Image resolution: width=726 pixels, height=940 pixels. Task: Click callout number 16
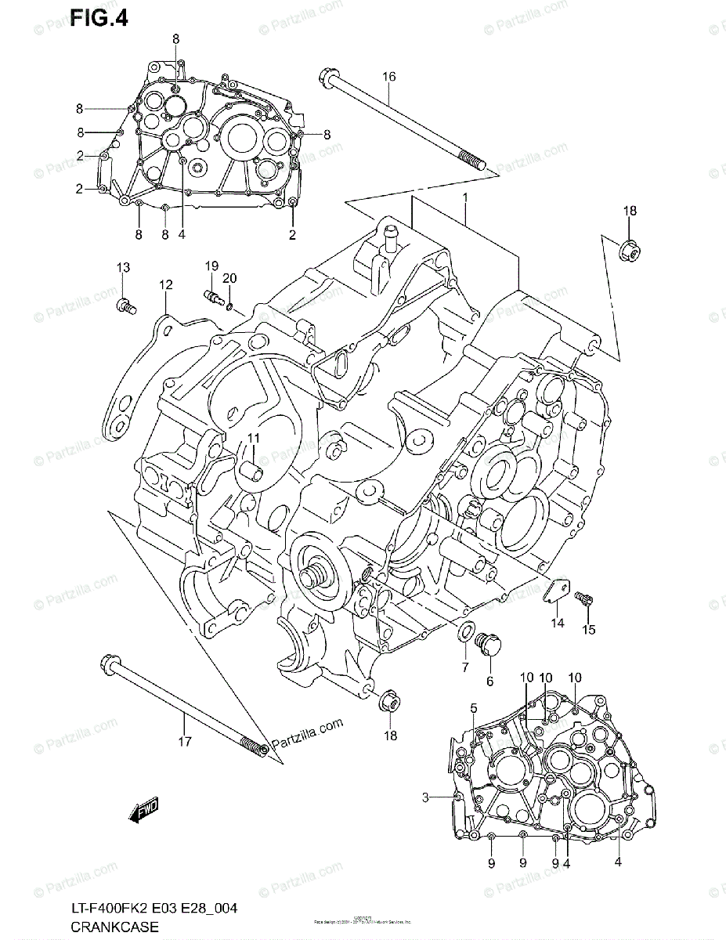click(389, 76)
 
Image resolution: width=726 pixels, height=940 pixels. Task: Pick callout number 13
click(122, 268)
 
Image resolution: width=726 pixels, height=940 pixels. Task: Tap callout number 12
click(166, 285)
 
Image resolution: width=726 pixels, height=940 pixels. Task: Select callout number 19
click(211, 266)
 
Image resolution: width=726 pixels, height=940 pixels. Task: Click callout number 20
click(229, 278)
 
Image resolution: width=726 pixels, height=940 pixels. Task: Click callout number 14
click(557, 624)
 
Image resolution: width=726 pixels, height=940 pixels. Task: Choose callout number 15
click(588, 628)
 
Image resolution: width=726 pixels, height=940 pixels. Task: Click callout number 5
click(474, 709)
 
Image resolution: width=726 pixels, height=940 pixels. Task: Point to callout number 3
click(425, 797)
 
